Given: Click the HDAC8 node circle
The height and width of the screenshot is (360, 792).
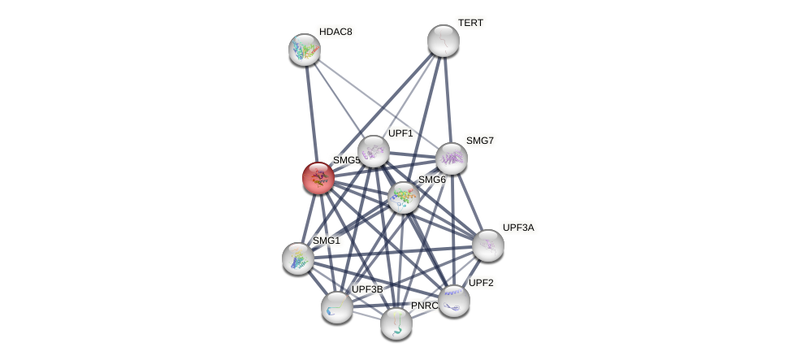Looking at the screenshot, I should tap(305, 50).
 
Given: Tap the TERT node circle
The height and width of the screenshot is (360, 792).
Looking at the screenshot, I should tap(444, 41).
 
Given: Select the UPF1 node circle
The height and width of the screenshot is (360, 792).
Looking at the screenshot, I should tap(374, 151).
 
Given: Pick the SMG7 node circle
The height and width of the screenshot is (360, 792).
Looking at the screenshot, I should tap(452, 158).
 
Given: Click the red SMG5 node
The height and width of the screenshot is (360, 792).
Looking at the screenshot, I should tap(318, 178).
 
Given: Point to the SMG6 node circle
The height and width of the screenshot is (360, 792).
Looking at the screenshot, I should tap(404, 197).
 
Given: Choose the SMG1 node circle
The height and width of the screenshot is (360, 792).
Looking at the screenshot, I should tap(298, 258).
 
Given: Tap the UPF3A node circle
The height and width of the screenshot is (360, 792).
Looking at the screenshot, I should tap(488, 245).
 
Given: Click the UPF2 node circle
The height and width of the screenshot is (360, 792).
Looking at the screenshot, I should tap(454, 301).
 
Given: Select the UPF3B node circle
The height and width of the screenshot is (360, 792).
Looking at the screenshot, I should tap(337, 307).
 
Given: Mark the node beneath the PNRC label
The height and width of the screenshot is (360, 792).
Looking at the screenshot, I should tap(396, 323).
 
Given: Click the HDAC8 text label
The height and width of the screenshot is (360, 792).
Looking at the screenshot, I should tap(335, 32).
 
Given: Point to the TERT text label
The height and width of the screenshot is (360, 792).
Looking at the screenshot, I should tap(470, 23).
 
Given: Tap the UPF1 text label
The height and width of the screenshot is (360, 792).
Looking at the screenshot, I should tap(400, 133).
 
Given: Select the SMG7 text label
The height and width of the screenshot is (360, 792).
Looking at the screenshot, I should tap(479, 141).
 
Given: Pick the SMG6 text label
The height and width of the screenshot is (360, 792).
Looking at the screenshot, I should tap(431, 180).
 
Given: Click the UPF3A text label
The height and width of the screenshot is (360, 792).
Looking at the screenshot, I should tap(518, 228).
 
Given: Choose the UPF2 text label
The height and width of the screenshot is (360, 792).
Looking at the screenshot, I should tap(481, 283).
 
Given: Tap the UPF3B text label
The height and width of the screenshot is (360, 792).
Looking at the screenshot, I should tap(367, 289).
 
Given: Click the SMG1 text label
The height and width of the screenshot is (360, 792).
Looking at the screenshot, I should tap(327, 241).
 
